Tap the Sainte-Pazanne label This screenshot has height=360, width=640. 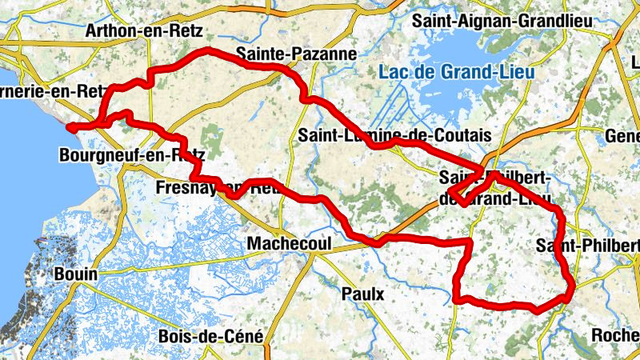[296, 54]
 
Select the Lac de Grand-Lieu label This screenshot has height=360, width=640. [457, 72]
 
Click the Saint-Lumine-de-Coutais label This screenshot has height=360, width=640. [395, 134]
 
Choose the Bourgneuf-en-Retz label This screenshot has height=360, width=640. [132, 154]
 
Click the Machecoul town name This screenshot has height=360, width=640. [289, 242]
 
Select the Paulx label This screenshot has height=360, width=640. [362, 294]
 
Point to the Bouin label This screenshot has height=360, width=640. [75, 274]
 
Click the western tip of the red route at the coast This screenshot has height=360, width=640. [69, 126]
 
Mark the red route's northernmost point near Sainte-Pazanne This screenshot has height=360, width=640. [210, 50]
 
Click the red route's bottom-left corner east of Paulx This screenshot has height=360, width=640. [456, 299]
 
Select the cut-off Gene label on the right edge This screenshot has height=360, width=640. [622, 136]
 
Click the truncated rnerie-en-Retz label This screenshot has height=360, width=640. [51, 91]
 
